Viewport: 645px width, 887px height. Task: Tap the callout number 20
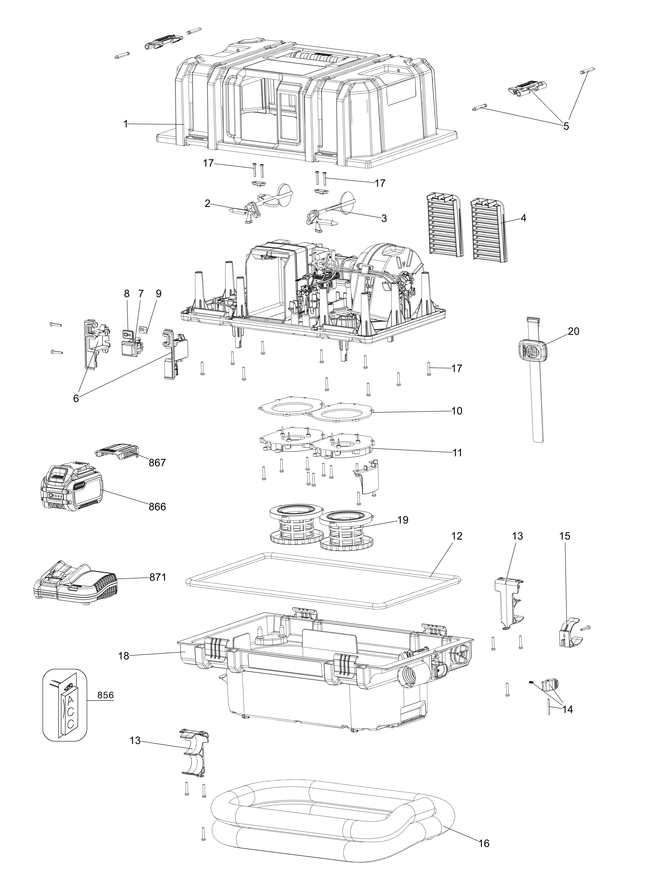[574, 331]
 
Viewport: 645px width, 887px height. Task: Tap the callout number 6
[76, 399]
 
